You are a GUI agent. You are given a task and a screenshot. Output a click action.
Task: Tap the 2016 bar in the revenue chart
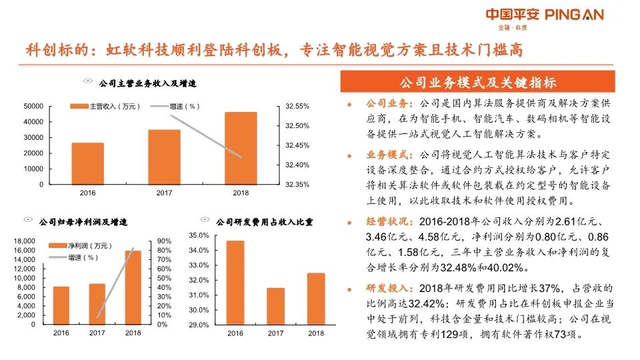pyautogui.click(x=87, y=163)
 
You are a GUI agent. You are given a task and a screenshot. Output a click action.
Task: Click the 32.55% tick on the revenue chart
pyautogui.click(x=297, y=106)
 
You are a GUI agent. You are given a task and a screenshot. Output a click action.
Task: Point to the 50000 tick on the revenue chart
pyautogui.click(x=33, y=106)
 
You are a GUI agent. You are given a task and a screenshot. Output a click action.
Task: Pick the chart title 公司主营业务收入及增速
pyautogui.click(x=147, y=84)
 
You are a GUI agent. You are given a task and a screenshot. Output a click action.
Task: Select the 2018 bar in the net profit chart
pyautogui.click(x=133, y=287)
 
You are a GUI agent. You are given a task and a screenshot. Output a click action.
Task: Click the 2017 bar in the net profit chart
pyautogui.click(x=97, y=303)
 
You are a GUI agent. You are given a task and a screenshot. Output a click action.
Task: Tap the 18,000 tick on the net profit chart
pyautogui.click(x=24, y=241)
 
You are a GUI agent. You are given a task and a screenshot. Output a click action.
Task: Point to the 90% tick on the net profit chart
pyautogui.click(x=164, y=241)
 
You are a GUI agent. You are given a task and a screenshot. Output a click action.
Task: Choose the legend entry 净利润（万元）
pyautogui.click(x=82, y=246)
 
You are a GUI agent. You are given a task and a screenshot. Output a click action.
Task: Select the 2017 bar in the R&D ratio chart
pyautogui.click(x=275, y=306)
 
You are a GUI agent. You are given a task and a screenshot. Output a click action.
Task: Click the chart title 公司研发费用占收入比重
pyautogui.click(x=265, y=221)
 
